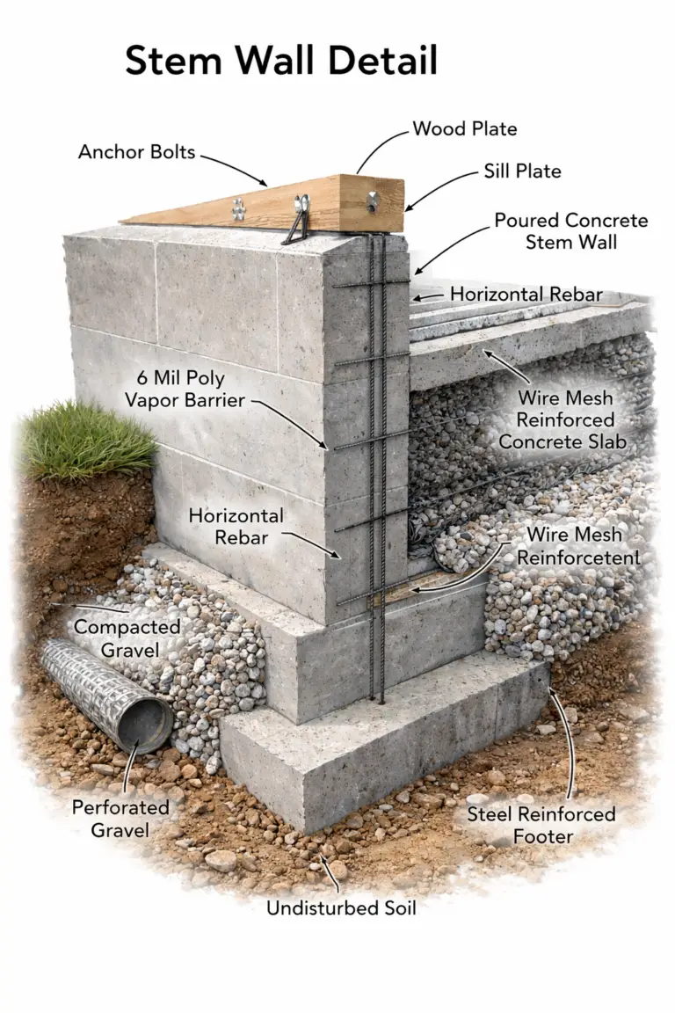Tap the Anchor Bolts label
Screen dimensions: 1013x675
[136, 151]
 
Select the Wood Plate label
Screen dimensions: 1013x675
[464, 129]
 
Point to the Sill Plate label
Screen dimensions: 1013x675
[522, 171]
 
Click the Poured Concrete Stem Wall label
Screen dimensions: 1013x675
[570, 230]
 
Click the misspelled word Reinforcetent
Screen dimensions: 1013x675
[578, 558]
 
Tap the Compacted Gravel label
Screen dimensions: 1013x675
[127, 638]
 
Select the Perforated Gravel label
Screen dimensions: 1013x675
[120, 817]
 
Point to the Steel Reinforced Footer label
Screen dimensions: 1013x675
[541, 826]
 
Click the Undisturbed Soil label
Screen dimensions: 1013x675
[341, 907]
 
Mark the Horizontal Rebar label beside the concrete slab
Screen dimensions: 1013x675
[526, 294]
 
